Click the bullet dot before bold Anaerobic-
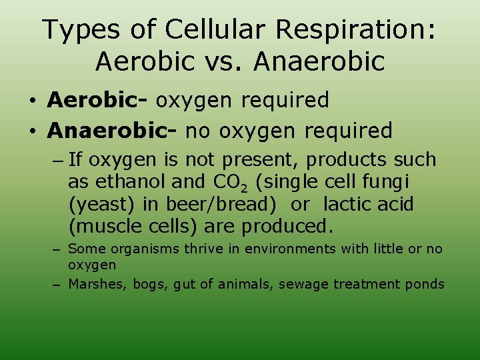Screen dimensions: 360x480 click(x=33, y=131)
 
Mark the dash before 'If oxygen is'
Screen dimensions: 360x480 click(x=57, y=160)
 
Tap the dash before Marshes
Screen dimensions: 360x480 click(x=57, y=285)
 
